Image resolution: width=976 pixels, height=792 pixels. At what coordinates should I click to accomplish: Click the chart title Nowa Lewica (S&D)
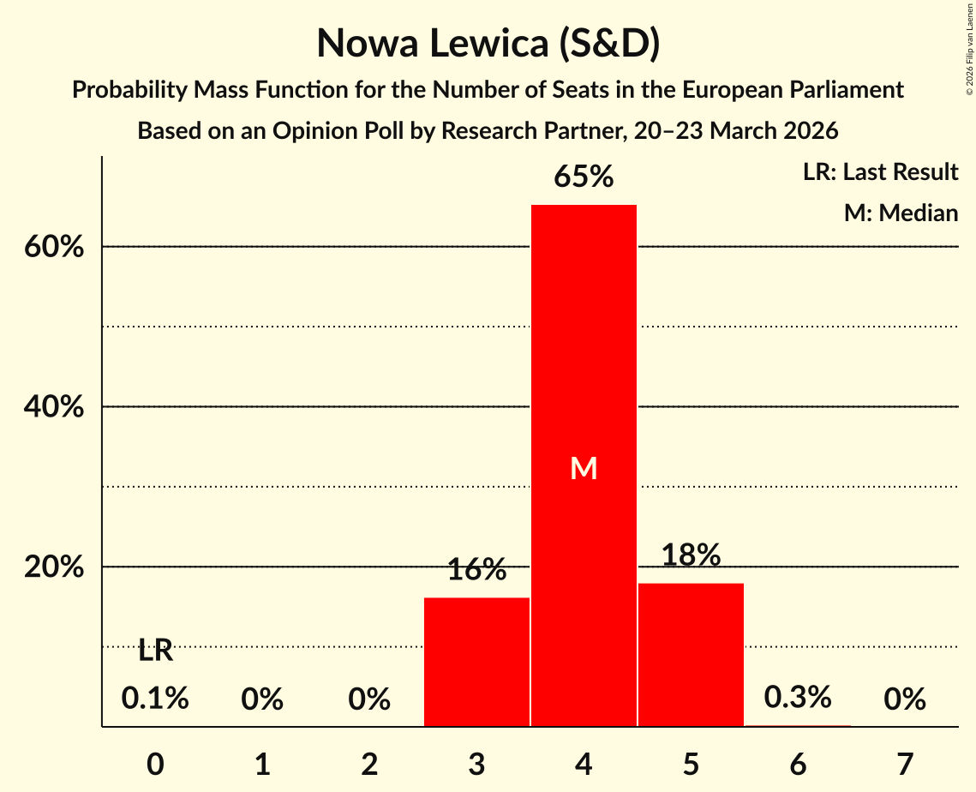488,44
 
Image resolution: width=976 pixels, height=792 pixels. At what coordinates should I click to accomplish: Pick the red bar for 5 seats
691,655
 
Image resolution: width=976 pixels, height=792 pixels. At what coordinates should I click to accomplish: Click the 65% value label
584,177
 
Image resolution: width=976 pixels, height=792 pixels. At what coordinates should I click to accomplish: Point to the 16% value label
476,570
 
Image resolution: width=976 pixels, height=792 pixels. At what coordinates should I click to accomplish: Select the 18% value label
691,555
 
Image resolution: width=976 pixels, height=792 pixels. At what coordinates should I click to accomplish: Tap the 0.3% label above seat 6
798,697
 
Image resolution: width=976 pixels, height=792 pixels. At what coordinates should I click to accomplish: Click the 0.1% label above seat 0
155,699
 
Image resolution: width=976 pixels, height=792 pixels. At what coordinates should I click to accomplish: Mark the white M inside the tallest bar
584,468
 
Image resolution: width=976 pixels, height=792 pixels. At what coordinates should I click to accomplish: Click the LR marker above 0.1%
155,651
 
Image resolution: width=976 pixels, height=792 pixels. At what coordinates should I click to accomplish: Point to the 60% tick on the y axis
53,247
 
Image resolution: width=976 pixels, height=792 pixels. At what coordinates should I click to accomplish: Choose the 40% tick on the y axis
53,407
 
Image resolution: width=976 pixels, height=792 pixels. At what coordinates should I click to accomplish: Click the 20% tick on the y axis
53,567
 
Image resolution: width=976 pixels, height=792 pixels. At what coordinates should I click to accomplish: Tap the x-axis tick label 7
905,763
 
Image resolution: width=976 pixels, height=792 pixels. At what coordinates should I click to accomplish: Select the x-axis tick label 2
369,763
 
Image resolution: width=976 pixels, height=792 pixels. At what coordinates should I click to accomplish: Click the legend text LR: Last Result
880,172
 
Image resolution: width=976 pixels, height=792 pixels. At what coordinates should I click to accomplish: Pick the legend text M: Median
901,213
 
